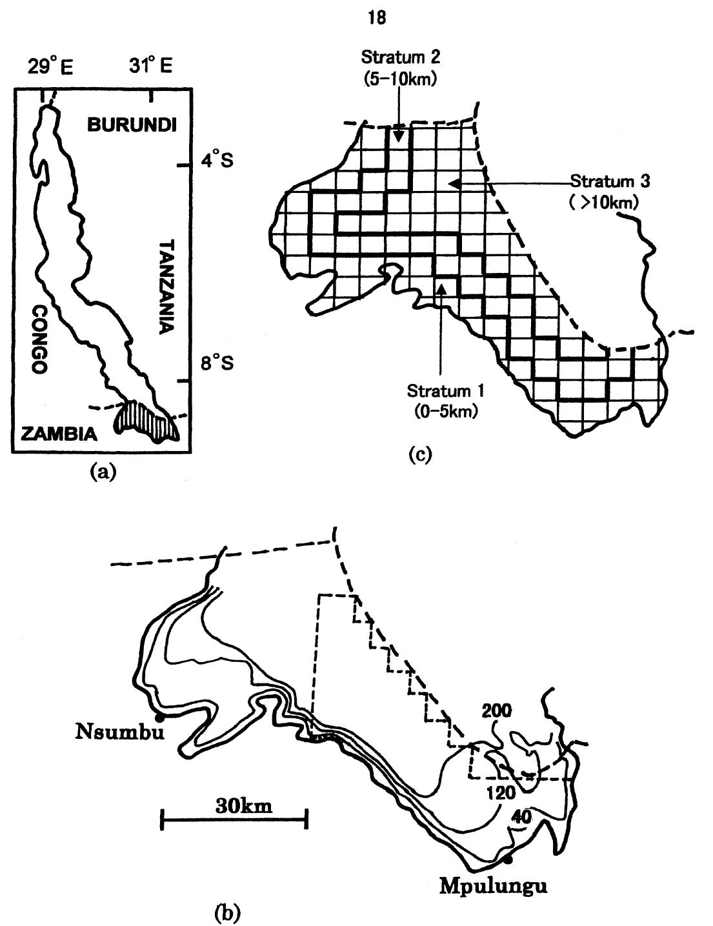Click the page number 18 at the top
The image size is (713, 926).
pos(376,19)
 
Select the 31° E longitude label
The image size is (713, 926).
pos(150,66)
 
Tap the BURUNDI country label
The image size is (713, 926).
pos(132,125)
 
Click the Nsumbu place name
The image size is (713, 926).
pos(117,732)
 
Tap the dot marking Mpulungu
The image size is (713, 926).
pos(508,860)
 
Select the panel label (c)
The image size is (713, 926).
pos(419,454)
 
